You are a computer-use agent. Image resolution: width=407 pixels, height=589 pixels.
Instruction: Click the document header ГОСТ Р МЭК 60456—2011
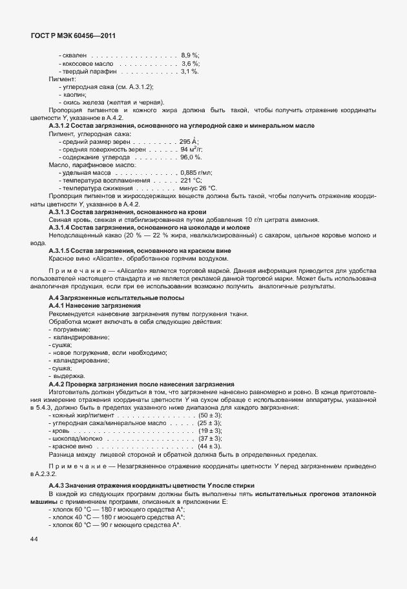click(x=72, y=37)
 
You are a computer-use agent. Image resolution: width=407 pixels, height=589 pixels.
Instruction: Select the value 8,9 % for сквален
click(x=190, y=55)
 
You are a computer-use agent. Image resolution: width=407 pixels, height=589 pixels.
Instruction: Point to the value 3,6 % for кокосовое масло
click(x=190, y=64)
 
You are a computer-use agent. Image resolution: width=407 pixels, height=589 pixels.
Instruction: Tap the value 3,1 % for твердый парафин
click(x=190, y=72)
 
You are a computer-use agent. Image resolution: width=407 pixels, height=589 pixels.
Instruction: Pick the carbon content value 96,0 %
click(x=191, y=157)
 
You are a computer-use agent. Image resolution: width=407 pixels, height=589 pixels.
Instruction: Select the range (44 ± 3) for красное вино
click(x=210, y=446)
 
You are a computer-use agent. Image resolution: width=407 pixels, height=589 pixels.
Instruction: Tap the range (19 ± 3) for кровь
click(x=210, y=430)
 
